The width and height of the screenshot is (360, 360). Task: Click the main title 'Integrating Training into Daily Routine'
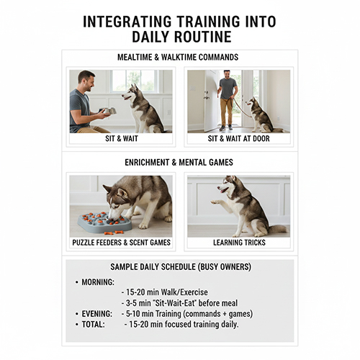pyautogui.click(x=179, y=30)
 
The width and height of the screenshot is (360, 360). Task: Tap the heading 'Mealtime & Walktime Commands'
pyautogui.click(x=179, y=57)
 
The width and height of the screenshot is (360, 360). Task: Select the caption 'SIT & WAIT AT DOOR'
pyautogui.click(x=238, y=138)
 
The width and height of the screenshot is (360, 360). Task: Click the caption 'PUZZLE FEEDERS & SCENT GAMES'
pyautogui.click(x=120, y=243)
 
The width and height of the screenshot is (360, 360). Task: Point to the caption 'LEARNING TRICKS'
pyautogui.click(x=238, y=243)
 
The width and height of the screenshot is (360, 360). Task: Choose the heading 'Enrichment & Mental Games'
pyautogui.click(x=179, y=163)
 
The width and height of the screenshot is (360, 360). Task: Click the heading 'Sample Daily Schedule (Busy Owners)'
pyautogui.click(x=180, y=267)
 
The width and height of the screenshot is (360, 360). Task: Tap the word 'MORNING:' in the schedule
pyautogui.click(x=97, y=282)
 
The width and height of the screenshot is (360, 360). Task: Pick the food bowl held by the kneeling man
pyautogui.click(x=108, y=111)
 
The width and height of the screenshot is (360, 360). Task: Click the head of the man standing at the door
pyautogui.click(x=228, y=75)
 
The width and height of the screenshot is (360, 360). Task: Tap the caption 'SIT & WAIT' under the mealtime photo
pyautogui.click(x=120, y=138)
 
